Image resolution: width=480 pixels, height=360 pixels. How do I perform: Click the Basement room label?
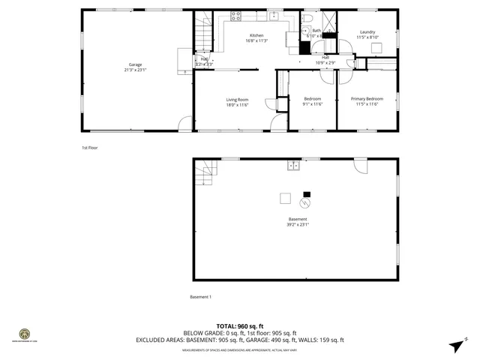(297, 221)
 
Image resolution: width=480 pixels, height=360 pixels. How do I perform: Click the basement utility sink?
(293, 166)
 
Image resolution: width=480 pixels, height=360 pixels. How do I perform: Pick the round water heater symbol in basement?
(305, 202)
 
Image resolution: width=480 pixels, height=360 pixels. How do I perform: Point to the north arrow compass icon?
(455, 346)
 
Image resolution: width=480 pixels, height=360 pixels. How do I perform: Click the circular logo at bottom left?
(25, 334)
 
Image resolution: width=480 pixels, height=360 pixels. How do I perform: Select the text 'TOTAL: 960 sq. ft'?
(239, 325)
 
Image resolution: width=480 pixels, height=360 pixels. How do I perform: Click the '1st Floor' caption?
(90, 148)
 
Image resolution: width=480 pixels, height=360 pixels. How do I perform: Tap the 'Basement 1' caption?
(200, 297)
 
